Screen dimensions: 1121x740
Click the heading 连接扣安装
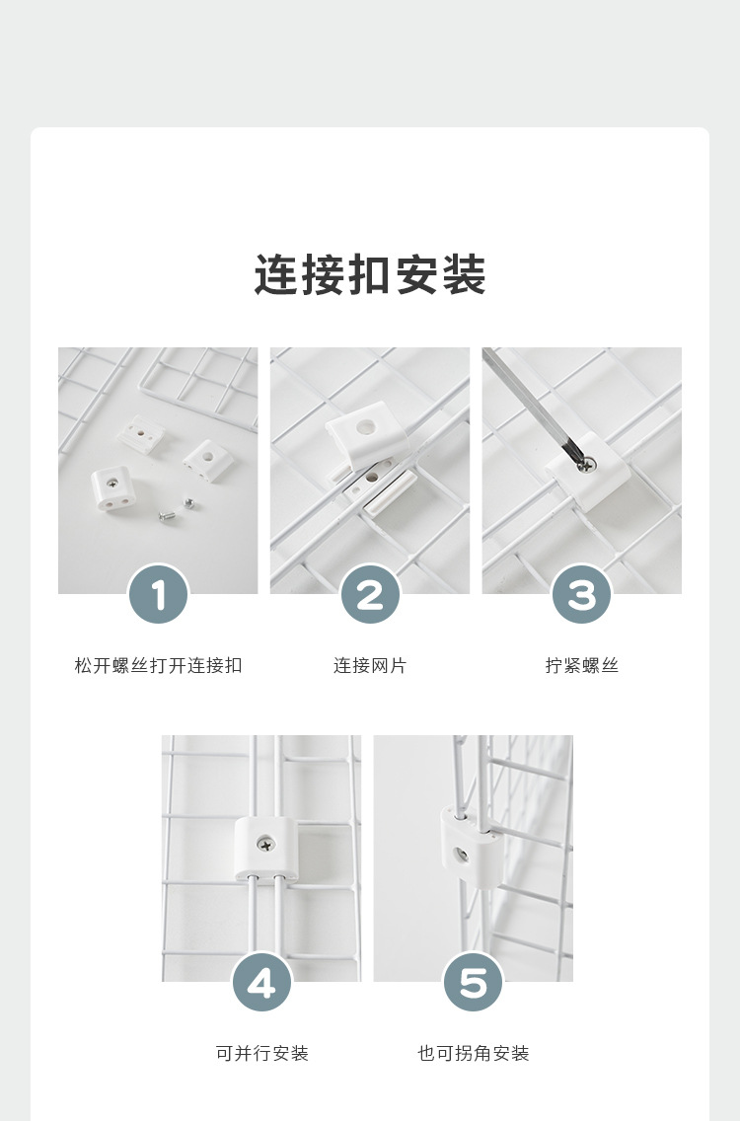point(370,274)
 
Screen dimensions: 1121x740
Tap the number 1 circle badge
point(158,594)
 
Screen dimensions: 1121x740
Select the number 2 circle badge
point(370,594)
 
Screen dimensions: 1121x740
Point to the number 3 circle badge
point(582,594)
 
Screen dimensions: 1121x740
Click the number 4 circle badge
point(261,983)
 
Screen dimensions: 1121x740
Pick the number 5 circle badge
point(474,983)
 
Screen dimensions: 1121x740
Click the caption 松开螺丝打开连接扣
point(158,666)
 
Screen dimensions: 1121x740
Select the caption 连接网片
point(370,666)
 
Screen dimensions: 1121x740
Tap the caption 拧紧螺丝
point(582,666)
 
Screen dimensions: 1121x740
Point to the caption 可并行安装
point(262,1054)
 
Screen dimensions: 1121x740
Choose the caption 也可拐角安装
point(474,1054)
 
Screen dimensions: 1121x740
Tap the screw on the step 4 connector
point(264,843)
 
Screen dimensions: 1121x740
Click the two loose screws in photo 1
point(176,508)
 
